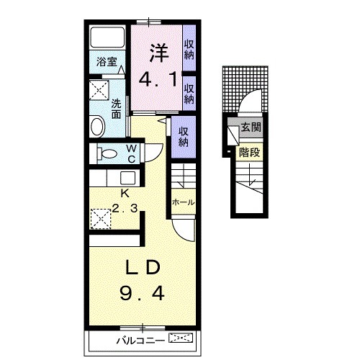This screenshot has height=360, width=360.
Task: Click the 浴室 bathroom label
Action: coord(107,62)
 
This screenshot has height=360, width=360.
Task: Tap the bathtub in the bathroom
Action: coord(107,37)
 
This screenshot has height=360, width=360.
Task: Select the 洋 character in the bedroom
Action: coord(159,53)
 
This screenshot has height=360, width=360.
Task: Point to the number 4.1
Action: coord(158,80)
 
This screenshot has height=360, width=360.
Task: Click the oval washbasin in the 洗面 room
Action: coord(97,126)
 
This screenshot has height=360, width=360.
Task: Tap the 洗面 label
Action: coord(116,109)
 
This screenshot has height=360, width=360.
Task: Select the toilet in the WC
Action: coord(107,153)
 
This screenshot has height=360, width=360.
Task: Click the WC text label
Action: coord(132,154)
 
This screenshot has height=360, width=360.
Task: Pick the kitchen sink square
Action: coord(127,178)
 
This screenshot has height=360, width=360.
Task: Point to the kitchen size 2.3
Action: coord(125,208)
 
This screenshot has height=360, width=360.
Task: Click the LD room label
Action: coord(143,268)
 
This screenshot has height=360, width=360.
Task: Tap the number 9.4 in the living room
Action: coord(142,294)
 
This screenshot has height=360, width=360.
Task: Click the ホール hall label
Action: coord(184,202)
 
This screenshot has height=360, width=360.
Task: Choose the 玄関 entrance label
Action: coord(251,127)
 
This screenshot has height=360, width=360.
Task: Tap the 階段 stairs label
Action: coord(249,153)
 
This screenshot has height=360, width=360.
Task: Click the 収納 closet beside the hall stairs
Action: coord(184,137)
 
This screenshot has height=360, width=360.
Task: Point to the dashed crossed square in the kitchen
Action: coord(101,219)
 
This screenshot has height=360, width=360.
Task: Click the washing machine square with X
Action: coord(99,90)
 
